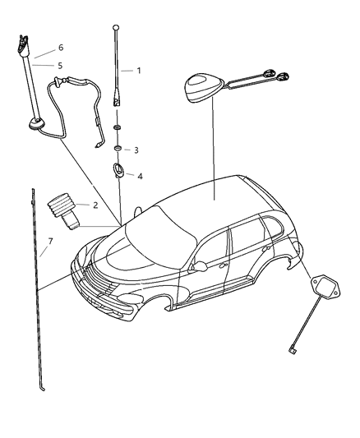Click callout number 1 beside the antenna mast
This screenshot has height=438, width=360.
pyautogui.click(x=139, y=71)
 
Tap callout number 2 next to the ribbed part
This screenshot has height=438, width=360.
pyautogui.click(x=95, y=205)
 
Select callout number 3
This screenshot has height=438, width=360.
pyautogui.click(x=136, y=150)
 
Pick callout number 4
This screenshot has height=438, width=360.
pyautogui.click(x=140, y=177)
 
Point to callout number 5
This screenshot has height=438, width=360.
pyautogui.click(x=59, y=64)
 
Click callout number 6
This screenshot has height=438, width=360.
pyautogui.click(x=59, y=48)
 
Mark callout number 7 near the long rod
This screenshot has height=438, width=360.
pyautogui.click(x=51, y=241)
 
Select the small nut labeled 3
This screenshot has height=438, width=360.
pyautogui.click(x=118, y=149)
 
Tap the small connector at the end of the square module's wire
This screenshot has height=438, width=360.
pyautogui.click(x=293, y=351)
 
